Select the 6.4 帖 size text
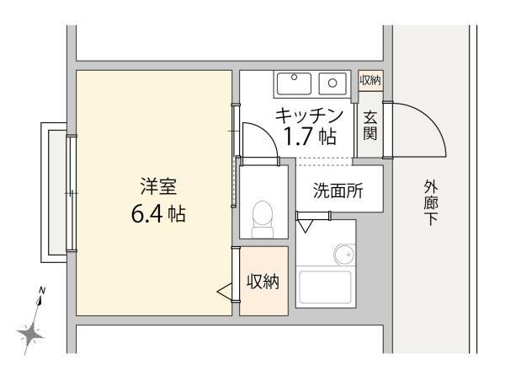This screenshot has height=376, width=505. pos(157,213)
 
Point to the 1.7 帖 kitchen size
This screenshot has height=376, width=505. pos(309,137)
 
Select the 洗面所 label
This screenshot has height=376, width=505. pos(338,191)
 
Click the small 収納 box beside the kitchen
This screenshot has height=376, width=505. pos(370,81)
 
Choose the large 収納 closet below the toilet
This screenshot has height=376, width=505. pos(263,282)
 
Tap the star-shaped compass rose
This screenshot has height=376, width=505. pos(33,334)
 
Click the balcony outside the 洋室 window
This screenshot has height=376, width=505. pos(55,191)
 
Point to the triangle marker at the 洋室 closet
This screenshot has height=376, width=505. pos(224,292)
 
